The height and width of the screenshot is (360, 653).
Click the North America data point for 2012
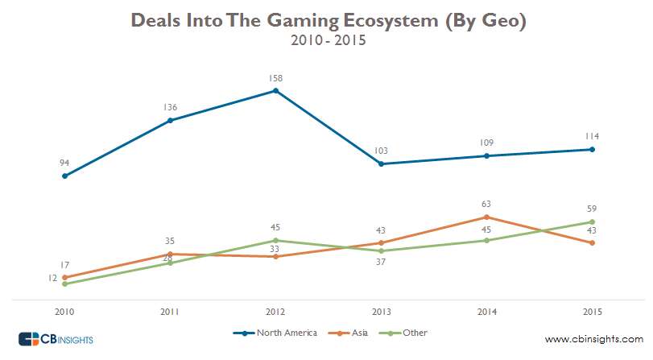[275, 91]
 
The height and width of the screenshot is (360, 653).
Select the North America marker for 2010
[64, 176]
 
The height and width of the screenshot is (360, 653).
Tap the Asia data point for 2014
[486, 217]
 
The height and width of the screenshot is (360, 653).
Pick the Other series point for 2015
[592, 222]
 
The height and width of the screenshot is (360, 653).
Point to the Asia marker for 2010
[64, 277]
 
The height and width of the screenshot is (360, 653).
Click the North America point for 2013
[381, 164]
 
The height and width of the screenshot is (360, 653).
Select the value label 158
[275, 78]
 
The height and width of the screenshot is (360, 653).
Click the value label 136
[170, 107]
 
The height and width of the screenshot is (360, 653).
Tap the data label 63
[486, 205]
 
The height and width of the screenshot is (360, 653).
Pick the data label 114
[592, 136]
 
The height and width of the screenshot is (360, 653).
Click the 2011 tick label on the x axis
[170, 311]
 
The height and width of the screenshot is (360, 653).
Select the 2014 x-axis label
[486, 311]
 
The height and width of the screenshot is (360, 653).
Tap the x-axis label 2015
[592, 311]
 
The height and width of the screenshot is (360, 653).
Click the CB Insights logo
[56, 339]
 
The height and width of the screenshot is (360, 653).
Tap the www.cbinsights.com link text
[594, 339]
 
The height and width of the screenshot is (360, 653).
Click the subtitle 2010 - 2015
[328, 39]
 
